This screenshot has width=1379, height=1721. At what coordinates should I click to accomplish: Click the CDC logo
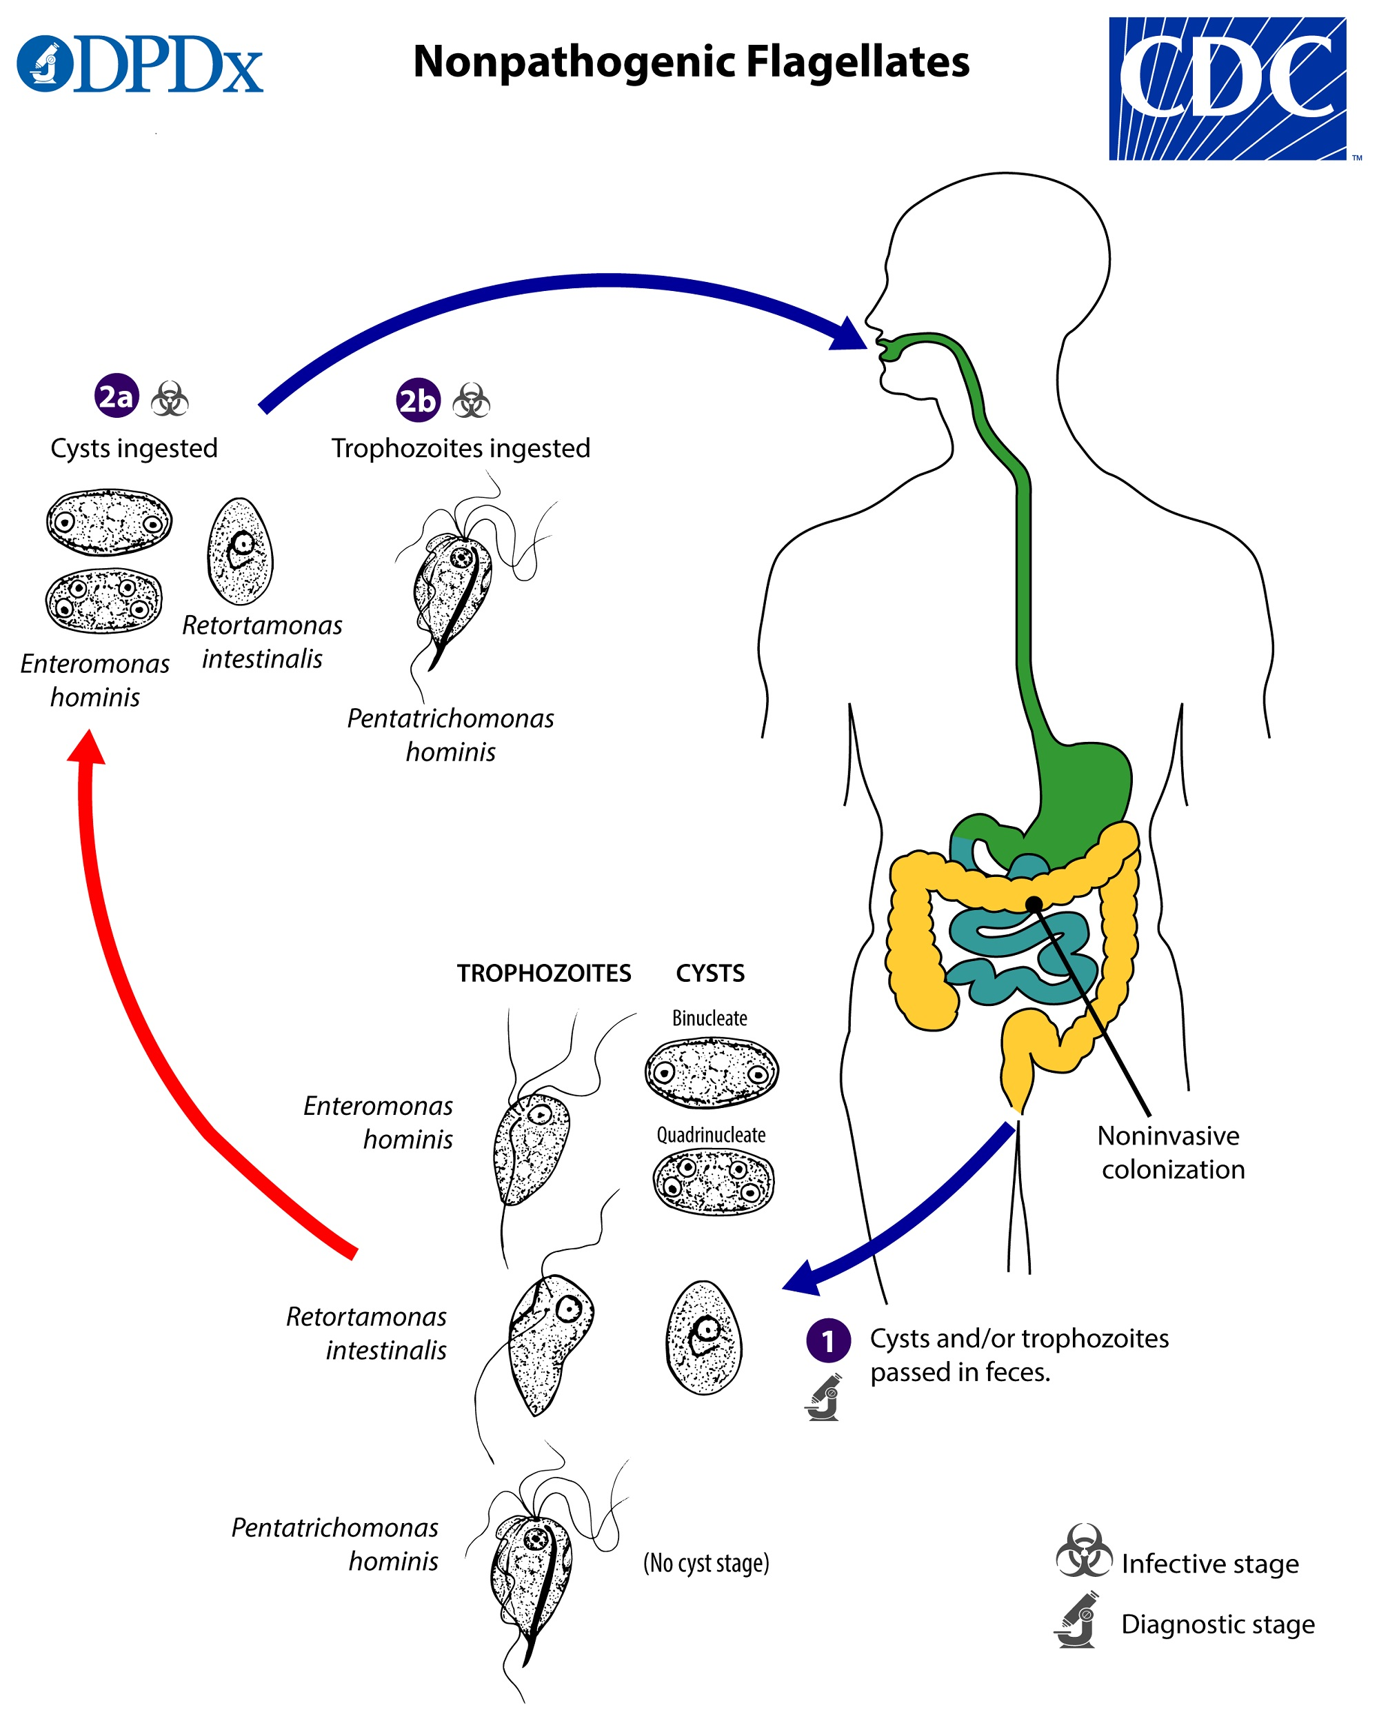1227,89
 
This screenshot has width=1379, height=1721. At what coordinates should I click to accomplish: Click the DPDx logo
140,64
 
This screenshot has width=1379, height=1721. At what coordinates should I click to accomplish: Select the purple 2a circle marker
117,396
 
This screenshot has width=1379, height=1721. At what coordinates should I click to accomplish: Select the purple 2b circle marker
418,400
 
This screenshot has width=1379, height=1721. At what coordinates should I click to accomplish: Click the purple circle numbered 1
827,1340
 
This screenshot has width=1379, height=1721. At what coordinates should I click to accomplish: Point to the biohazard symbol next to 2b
471,401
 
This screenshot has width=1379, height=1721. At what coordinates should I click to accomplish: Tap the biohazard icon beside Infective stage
1083,1551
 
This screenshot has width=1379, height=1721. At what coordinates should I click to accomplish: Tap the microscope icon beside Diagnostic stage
1077,1620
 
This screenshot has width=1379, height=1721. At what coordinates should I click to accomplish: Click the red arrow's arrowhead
88,749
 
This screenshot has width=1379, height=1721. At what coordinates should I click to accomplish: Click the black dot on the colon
1034,905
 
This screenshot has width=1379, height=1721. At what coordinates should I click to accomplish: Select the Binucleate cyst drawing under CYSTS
711,1072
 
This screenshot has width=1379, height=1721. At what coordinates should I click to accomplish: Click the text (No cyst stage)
706,1563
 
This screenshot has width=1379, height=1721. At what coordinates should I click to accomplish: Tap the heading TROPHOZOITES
543,973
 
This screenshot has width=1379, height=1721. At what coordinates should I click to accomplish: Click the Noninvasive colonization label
1171,1152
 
